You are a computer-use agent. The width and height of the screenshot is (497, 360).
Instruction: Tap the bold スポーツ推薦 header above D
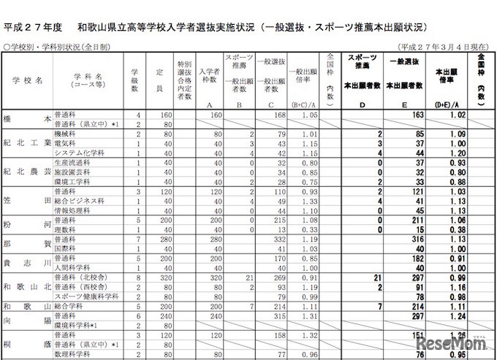363,64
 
